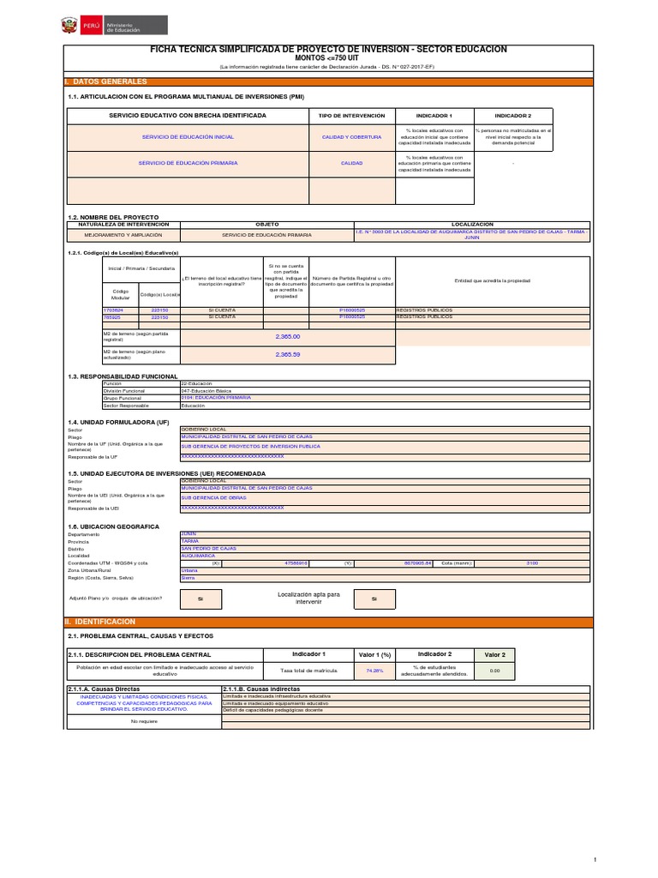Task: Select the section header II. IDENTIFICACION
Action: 100,620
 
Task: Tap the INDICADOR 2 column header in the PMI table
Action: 512,115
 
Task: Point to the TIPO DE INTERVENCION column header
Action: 351,115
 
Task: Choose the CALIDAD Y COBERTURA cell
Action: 351,137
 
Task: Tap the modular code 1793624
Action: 113,310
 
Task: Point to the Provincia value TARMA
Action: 189,541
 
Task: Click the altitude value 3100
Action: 532,562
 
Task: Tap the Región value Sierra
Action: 188,578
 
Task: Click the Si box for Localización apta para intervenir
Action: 374,599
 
